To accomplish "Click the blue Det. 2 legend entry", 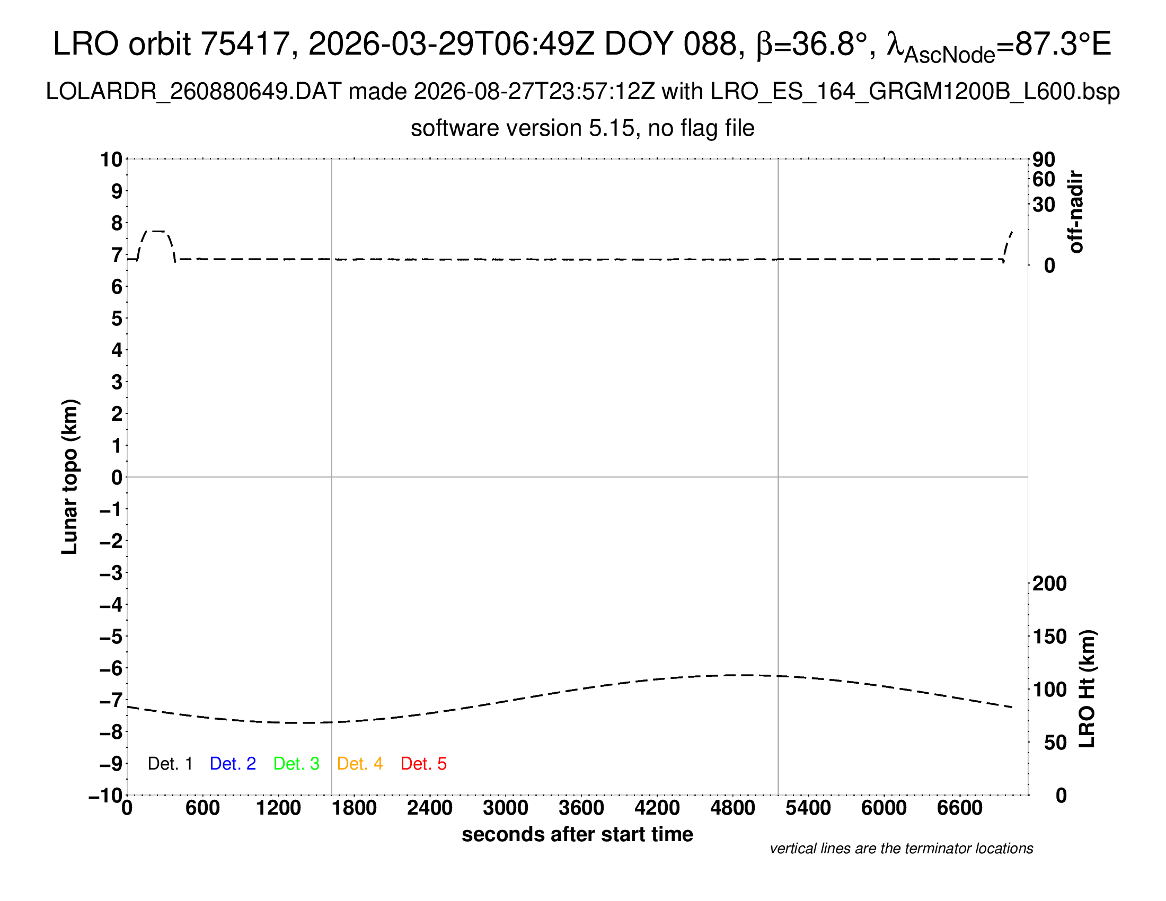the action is tap(233, 764).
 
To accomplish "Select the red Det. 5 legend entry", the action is tap(423, 764).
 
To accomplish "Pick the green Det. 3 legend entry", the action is tap(296, 764).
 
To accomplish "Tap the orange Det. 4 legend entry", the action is tap(360, 764).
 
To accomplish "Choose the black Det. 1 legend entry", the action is tap(170, 764).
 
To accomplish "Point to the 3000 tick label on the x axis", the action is tap(506, 808).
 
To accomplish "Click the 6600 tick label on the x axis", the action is tap(960, 808).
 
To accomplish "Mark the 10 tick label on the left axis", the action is tap(112, 160).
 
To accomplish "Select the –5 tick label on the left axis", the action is tap(111, 637).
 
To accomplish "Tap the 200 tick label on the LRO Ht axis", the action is tap(1049, 584).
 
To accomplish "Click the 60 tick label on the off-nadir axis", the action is tap(1044, 179).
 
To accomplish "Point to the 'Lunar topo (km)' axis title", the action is tap(70, 476).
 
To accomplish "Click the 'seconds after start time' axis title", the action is tap(577, 835).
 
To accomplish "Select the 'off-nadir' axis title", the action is tap(1076, 212).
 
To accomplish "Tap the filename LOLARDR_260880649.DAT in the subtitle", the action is tap(193, 92).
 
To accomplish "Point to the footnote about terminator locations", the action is tap(901, 849).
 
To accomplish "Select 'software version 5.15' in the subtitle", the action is tap(523, 129).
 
